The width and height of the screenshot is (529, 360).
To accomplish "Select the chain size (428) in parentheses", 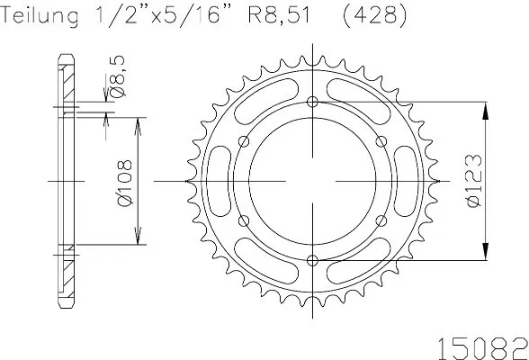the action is point(375,16).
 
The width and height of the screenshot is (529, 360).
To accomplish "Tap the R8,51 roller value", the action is point(279,16).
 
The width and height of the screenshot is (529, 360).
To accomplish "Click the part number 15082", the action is point(482,348).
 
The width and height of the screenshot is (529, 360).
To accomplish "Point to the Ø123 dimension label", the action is point(474,181).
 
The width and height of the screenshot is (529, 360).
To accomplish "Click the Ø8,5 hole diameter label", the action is point(118,76).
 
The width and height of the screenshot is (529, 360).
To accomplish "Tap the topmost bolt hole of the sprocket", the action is point(313,102).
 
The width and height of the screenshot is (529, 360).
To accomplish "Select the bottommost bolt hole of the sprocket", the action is point(313,260).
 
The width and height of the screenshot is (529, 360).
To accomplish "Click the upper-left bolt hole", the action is point(244,141).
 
